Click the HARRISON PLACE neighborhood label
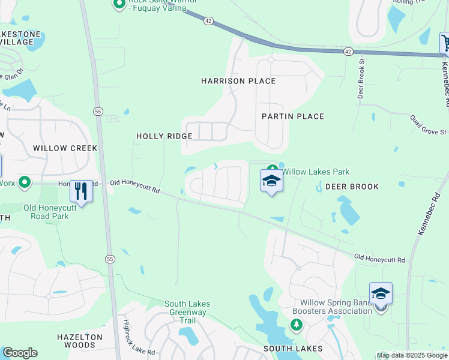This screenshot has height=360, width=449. click(x=238, y=81)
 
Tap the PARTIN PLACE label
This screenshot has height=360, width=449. click(x=293, y=116)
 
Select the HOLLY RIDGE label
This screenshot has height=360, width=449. click(x=164, y=136)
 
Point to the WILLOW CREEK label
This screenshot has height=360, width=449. click(x=65, y=148)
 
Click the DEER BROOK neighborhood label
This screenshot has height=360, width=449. click(x=352, y=187)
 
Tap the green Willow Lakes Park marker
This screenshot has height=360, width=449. click(x=272, y=170)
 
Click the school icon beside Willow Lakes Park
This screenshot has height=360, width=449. click(x=271, y=181)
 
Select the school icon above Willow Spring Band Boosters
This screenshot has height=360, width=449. click(x=381, y=293)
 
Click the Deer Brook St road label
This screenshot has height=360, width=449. click(x=361, y=78)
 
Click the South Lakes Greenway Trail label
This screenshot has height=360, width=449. click(x=185, y=312)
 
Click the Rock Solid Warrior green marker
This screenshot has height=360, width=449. click(x=118, y=4)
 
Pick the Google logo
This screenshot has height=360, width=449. click(x=20, y=353)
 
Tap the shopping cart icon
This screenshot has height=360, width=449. click(x=445, y=43)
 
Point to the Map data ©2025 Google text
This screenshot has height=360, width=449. click(x=412, y=356)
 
